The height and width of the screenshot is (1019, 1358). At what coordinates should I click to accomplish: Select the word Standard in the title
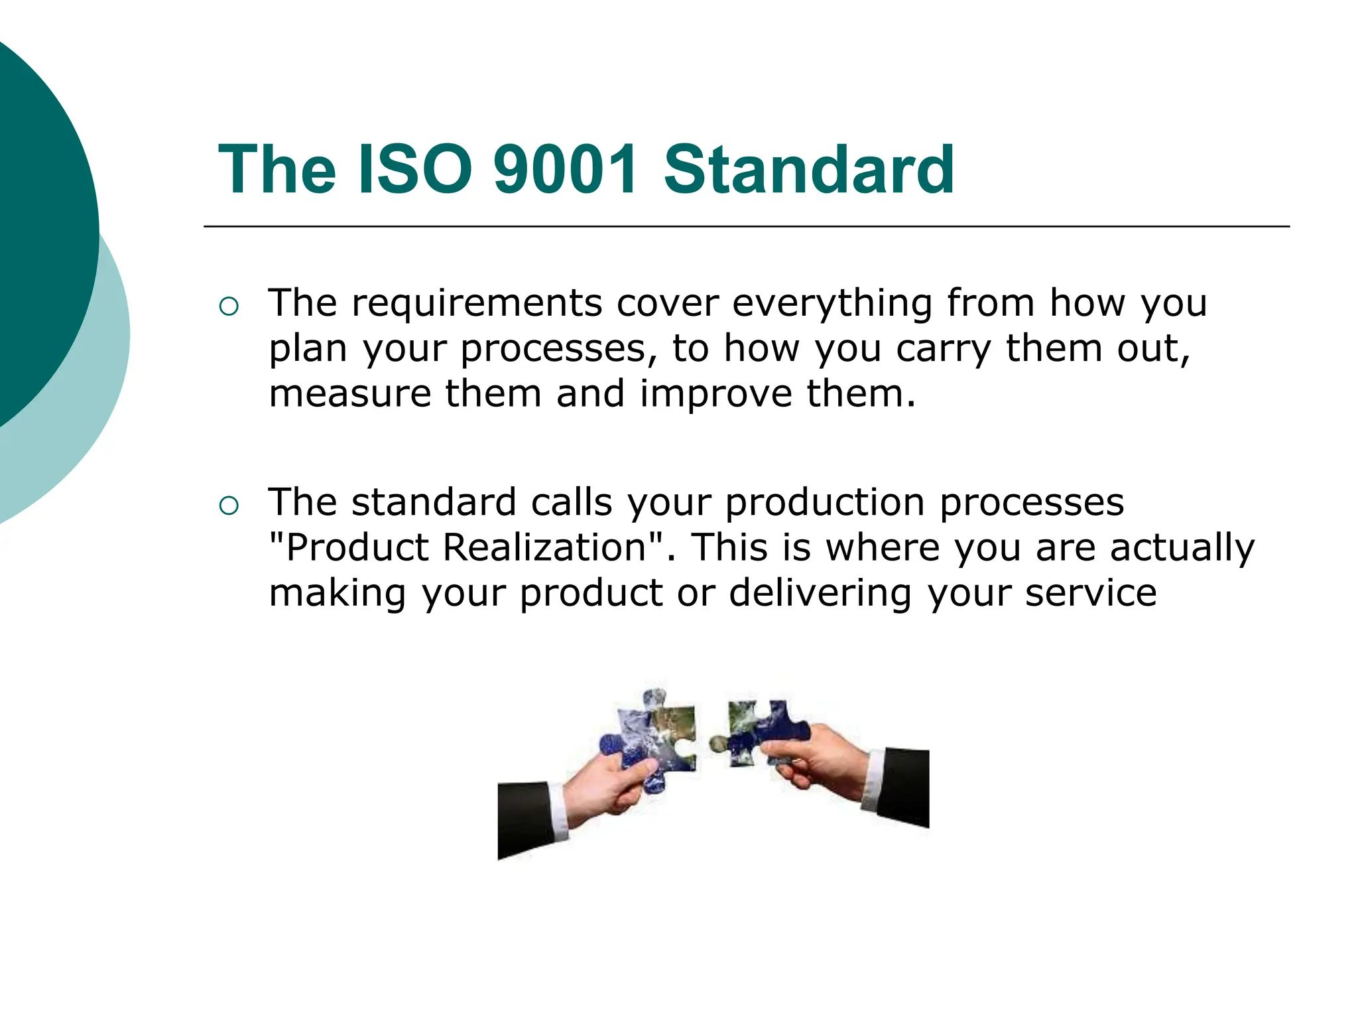coord(809,170)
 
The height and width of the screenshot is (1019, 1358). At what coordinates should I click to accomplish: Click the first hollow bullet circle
coord(228,306)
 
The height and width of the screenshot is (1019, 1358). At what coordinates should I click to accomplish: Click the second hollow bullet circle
coord(228,506)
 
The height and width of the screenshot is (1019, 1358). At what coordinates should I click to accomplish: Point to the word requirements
coord(477,304)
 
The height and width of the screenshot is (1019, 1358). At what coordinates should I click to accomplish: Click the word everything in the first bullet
coord(832,304)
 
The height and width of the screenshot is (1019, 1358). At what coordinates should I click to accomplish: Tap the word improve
coord(716,393)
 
